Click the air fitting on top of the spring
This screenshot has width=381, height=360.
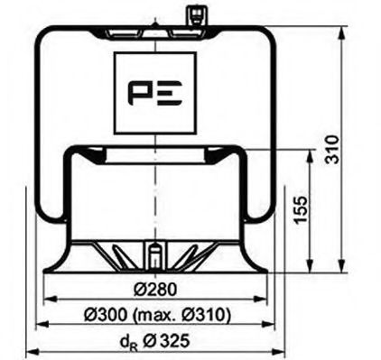pos(194,15)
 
